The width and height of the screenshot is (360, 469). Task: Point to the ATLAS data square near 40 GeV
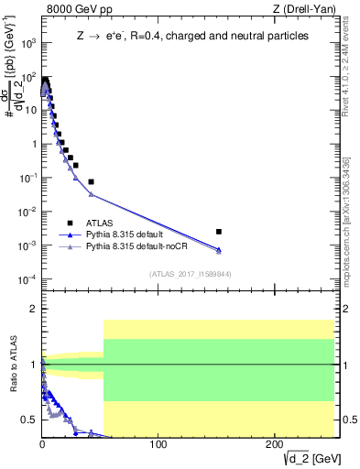tap(91, 181)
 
